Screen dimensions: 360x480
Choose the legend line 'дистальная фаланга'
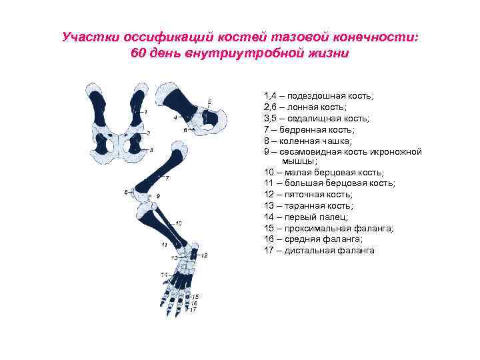click(319, 250)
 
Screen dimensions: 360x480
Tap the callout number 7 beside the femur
click(167, 178)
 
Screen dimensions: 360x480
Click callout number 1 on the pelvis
click(145, 112)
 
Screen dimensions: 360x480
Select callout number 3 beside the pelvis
click(151, 150)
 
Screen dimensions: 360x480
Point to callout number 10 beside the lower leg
click(179, 223)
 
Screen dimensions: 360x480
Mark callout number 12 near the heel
click(204, 255)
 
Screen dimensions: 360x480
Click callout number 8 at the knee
click(126, 193)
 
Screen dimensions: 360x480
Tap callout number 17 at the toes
click(193, 309)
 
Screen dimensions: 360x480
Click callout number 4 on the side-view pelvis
click(175, 117)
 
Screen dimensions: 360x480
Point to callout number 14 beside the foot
click(163, 274)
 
